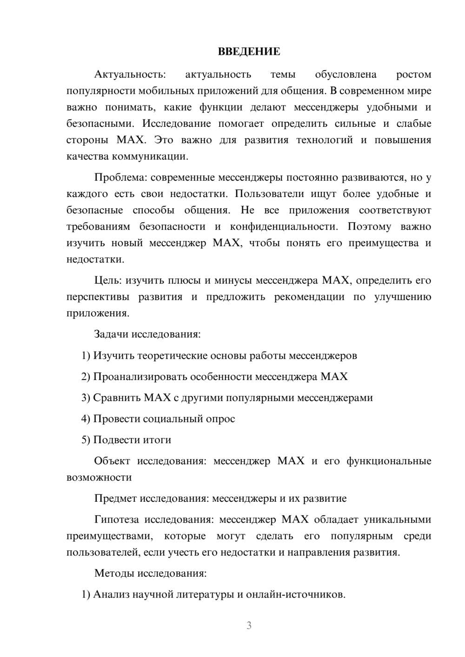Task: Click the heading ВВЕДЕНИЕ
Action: pos(249,52)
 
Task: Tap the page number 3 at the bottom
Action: pos(249,625)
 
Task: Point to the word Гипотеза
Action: pos(116,519)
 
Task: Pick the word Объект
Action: pos(113,461)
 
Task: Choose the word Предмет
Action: pos(115,499)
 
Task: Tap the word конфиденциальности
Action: pos(282,227)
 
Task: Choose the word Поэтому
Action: pos(369,227)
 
